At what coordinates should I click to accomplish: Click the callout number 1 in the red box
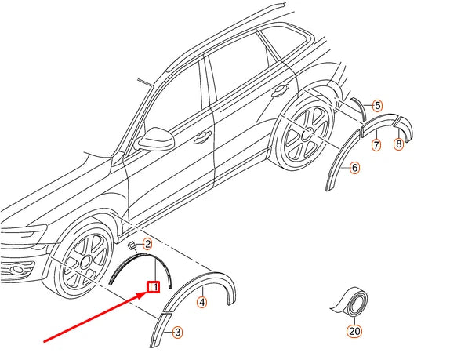pos(154,287)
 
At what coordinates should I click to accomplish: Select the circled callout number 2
pos(147,245)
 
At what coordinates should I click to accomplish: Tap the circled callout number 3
pos(177,333)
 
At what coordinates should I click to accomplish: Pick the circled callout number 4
pos(201,301)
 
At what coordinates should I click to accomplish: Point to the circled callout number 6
pos(354,167)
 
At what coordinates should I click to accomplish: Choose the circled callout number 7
pos(376,144)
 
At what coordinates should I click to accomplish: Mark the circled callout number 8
pos(398,144)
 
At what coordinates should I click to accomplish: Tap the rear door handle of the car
pos(278,92)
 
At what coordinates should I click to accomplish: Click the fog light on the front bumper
pos(16,271)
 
